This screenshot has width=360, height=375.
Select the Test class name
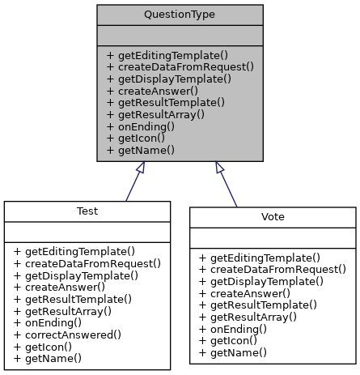point(87,211)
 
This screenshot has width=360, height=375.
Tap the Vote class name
point(273,217)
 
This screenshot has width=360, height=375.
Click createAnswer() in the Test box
point(59,287)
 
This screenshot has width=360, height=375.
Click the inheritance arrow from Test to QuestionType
point(133,182)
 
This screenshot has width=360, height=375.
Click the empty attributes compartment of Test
point(87,232)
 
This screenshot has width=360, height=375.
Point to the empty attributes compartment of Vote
point(273,237)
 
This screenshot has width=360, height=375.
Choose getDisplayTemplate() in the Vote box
point(260,281)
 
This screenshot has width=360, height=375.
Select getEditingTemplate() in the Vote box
point(259,257)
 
